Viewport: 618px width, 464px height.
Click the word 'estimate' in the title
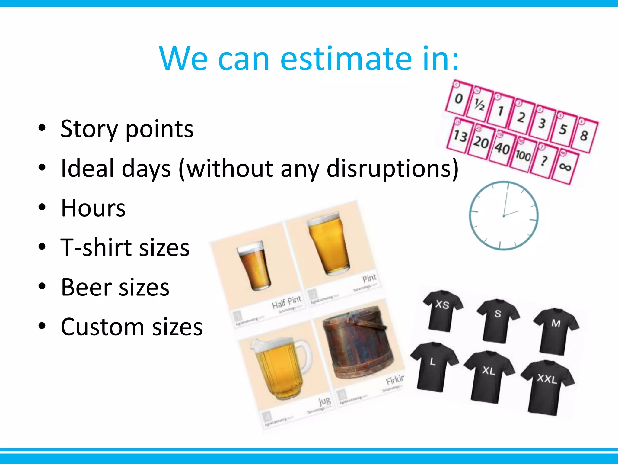point(346,59)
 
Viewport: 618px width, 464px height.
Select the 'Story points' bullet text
point(127,129)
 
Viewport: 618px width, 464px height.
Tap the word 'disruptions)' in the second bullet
point(392,169)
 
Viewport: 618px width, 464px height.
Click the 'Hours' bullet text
point(93,208)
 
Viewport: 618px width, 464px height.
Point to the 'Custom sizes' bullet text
point(132,327)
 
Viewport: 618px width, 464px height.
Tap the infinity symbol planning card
point(565,166)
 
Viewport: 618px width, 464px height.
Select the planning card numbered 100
point(523,155)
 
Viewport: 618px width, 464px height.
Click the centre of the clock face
point(504,216)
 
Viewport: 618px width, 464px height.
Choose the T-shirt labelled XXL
point(547,387)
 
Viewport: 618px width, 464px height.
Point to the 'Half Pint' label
point(287,302)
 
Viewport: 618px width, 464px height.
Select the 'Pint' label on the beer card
point(369,278)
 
